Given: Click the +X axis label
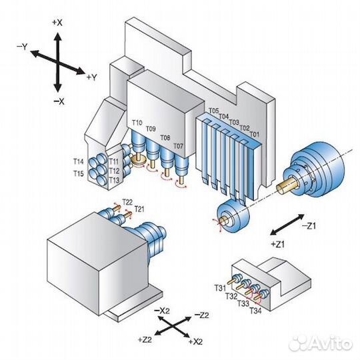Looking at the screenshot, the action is coord(57,23).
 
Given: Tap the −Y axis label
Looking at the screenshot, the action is coord(22,47).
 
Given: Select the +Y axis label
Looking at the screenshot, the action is coord(92,77).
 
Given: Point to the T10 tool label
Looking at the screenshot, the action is coord(137,123).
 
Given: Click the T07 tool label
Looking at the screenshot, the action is coord(179,146).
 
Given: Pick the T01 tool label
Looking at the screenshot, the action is coord(254,134).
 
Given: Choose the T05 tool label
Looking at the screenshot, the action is coord(214,111).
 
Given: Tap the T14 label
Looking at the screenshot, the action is coord(79,161).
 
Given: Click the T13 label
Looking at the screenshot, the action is coord(114,181).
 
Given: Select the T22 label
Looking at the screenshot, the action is coord(127,202).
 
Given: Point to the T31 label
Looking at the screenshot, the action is coord(220,288).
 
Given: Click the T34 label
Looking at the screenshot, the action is coord(255,311).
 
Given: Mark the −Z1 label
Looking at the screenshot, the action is coord(309,226).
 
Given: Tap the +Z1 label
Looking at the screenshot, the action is coord(278,244).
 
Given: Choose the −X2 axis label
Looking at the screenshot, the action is coord(162,311).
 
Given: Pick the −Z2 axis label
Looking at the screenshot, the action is coord(201,315).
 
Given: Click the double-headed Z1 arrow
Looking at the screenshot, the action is coord(287,225).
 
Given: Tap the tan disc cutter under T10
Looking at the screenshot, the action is coord(138,160).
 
